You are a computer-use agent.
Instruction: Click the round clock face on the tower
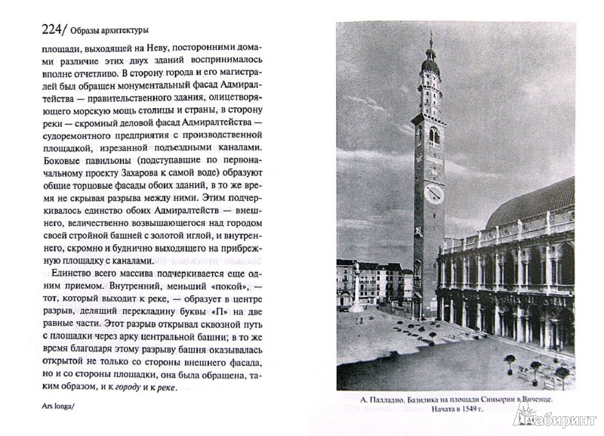coord(434,194)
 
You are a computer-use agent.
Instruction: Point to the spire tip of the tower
coord(430,35)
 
